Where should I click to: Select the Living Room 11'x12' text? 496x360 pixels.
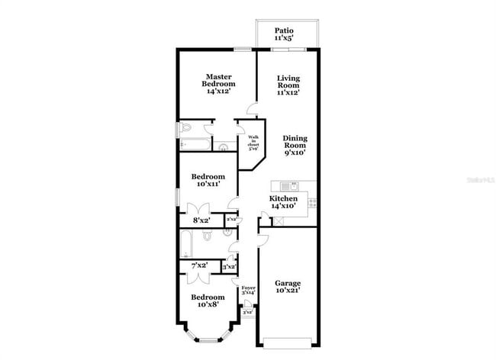[x=288, y=85]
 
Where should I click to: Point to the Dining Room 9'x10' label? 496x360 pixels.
[x=294, y=145]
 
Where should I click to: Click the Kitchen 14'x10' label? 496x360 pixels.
[x=283, y=201]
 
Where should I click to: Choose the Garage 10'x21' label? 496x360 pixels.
[x=288, y=286]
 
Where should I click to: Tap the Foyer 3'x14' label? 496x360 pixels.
[x=248, y=291]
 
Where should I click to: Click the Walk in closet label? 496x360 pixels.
[x=254, y=143]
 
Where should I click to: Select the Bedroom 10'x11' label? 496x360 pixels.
[x=208, y=180]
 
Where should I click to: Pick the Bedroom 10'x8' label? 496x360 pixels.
[x=208, y=301]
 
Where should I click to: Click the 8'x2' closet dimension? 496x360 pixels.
[x=201, y=220]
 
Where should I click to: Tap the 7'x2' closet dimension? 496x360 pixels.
[x=199, y=265]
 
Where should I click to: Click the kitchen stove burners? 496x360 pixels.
[x=311, y=202]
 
